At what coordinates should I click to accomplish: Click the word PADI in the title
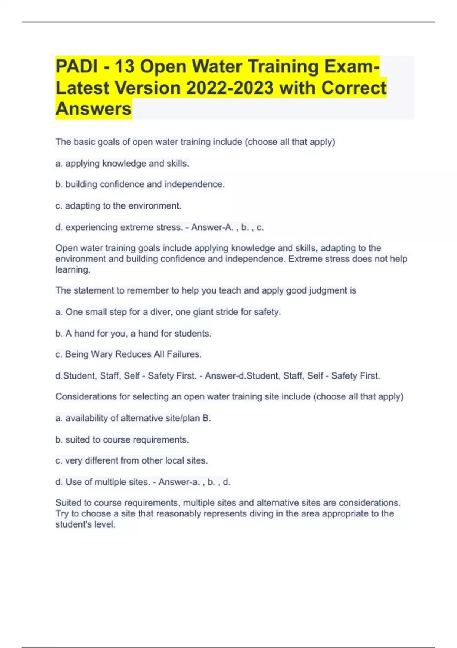pos(77,67)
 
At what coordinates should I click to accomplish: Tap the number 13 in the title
pos(125,67)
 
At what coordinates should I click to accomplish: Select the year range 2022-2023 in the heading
pos(230,88)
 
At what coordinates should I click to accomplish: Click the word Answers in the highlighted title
pos(94,109)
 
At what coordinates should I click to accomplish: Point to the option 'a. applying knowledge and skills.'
pos(122,164)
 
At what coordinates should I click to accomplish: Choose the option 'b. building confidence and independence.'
pos(140,184)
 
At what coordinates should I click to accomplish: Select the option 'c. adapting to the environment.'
pos(118,206)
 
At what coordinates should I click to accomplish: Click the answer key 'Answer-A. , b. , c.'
pos(227,228)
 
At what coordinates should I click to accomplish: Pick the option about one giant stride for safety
pos(168,312)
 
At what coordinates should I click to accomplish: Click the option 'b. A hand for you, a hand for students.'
pos(133,334)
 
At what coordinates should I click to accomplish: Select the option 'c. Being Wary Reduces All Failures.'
pos(128,354)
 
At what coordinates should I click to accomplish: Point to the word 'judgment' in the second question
pos(327,291)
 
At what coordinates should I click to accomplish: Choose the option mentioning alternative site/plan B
pos(133,419)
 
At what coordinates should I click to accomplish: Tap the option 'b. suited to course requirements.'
pos(122,440)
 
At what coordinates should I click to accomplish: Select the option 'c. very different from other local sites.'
pos(131,461)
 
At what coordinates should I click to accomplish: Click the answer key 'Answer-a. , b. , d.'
pos(194,482)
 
